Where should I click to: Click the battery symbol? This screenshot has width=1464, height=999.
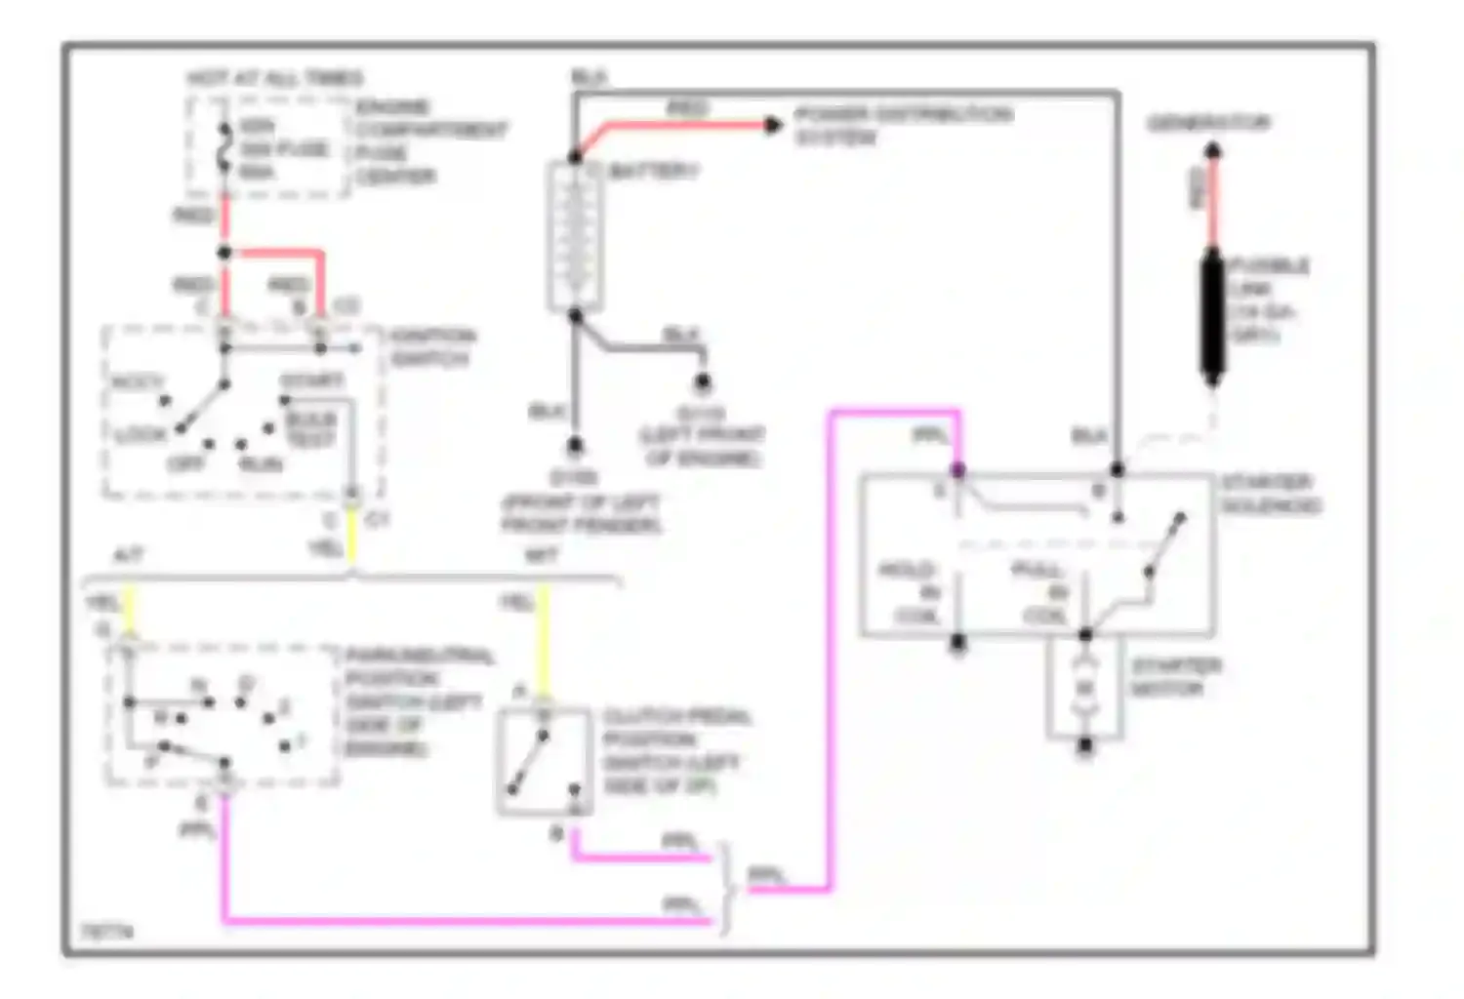(575, 235)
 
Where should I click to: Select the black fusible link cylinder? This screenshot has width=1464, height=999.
(1212, 315)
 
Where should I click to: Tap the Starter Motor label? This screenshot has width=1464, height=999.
(1175, 677)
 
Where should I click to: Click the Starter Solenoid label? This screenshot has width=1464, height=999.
(1270, 494)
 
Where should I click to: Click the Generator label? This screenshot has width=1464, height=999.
(1208, 123)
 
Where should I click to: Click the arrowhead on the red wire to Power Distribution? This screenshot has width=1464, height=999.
(773, 125)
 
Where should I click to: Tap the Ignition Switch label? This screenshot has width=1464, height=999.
(432, 347)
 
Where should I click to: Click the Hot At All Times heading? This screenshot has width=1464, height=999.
(275, 78)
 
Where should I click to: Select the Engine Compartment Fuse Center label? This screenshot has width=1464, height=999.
(429, 141)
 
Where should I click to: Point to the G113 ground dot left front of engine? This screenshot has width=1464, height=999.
(702, 382)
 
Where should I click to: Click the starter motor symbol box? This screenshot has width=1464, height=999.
(1084, 688)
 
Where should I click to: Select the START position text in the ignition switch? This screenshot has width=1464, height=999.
(311, 380)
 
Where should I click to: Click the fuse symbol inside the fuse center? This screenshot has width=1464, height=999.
(224, 149)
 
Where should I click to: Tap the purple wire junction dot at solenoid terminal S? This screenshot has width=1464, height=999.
(958, 471)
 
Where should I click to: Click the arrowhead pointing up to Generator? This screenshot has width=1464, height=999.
(1212, 151)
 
